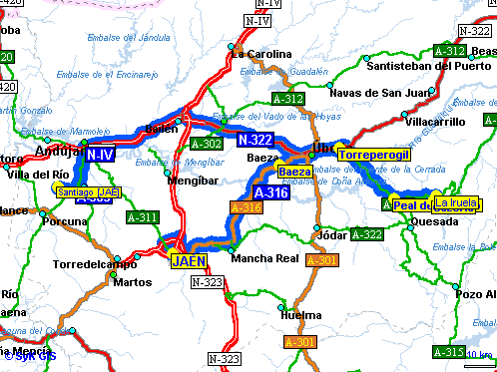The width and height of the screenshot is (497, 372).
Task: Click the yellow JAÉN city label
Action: (x=187, y=261)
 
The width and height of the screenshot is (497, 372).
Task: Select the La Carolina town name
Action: (x=261, y=54)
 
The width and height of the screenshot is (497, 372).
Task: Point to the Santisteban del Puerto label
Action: (x=429, y=66)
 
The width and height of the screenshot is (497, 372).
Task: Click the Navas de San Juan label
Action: (x=371, y=93)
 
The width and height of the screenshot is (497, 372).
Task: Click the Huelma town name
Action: (x=301, y=315)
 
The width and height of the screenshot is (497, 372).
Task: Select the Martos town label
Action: (x=133, y=282)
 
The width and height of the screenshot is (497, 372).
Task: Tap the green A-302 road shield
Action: (x=204, y=144)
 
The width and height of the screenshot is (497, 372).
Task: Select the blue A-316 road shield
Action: (x=271, y=191)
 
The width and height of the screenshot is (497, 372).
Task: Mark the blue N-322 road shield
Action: (x=255, y=142)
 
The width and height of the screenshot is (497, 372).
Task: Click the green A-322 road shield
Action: (x=367, y=234)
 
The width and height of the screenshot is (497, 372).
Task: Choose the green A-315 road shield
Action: (x=448, y=352)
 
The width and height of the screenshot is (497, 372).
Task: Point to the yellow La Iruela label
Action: (x=453, y=202)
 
